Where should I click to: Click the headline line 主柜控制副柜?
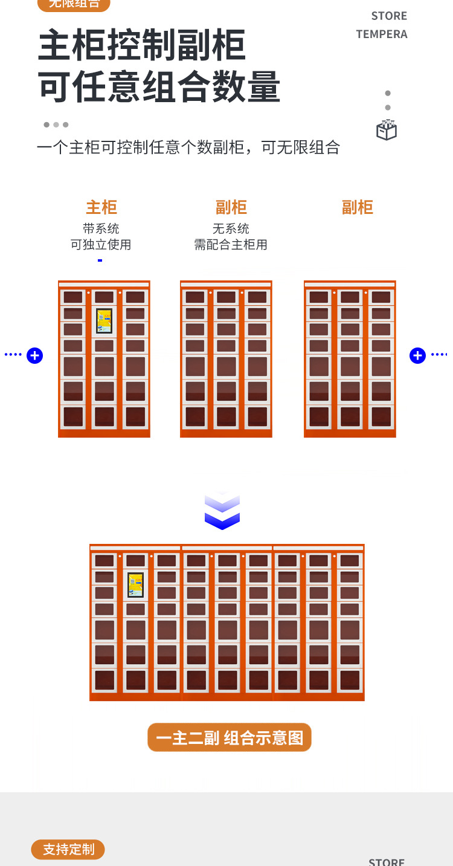142,45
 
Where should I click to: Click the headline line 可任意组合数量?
159,86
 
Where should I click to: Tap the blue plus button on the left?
35,355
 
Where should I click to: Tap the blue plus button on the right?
417,355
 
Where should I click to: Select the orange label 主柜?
101,207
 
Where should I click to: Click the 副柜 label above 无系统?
231,207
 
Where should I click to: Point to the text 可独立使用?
101,245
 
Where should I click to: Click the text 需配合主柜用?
231,245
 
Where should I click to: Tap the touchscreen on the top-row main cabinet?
104,321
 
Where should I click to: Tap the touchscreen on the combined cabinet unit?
135,584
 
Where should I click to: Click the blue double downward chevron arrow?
222,512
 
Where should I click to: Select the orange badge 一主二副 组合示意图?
230,738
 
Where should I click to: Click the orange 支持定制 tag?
68,849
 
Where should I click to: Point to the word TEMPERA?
382,34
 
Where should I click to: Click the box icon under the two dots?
387,130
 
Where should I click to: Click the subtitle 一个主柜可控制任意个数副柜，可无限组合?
188,147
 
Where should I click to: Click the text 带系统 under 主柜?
101,228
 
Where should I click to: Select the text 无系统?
231,228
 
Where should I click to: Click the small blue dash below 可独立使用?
100,260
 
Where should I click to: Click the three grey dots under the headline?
56,124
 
